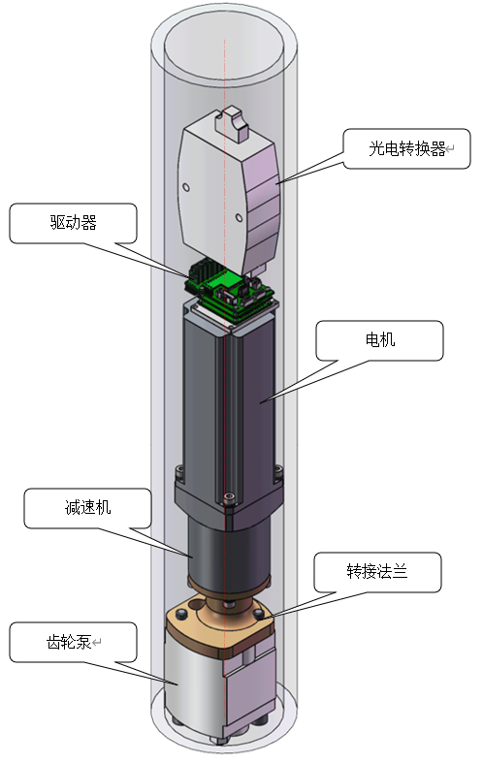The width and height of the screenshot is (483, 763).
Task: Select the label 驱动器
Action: point(74,223)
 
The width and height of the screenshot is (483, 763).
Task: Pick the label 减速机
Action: point(86,508)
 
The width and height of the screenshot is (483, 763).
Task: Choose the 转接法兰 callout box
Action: point(377,571)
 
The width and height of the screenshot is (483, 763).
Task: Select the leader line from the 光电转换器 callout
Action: point(310,171)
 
